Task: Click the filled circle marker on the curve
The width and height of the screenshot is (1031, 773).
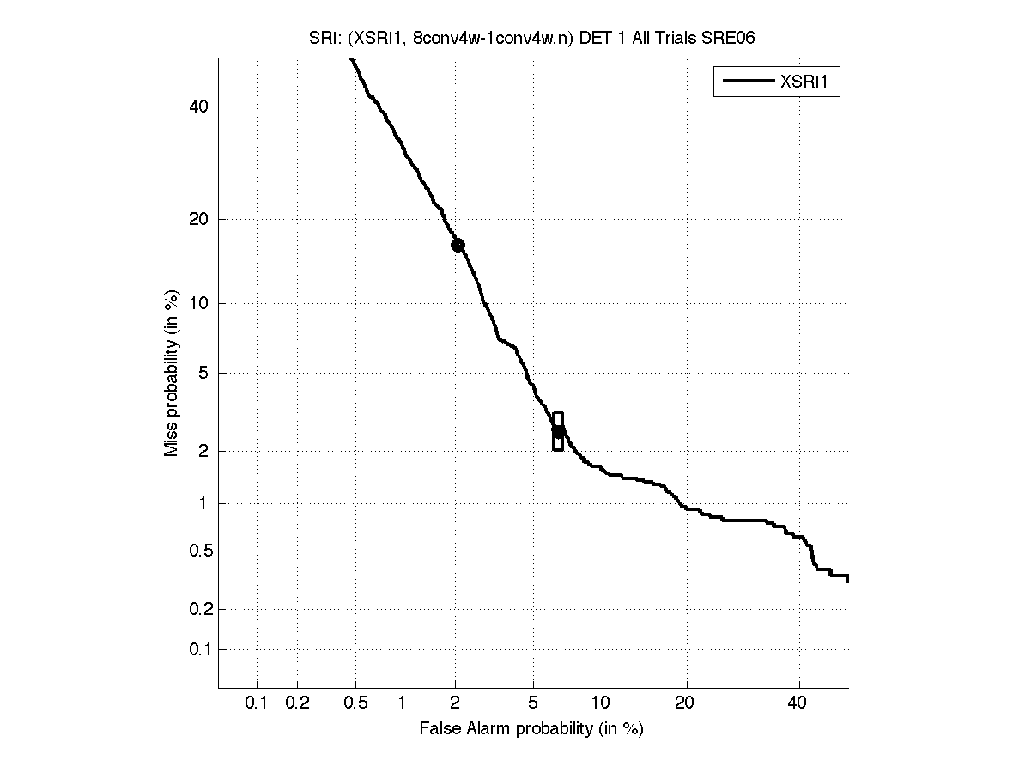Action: pos(458,245)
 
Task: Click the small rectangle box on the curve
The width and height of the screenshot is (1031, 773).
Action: pos(558,431)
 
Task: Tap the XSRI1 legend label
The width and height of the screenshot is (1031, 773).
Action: pos(809,82)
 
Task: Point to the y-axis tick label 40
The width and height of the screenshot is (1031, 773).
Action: pos(200,107)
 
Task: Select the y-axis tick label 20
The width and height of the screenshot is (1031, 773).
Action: pos(200,219)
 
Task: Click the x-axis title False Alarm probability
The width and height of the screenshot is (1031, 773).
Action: pos(531,729)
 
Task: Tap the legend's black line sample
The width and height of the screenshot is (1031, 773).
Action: pos(747,82)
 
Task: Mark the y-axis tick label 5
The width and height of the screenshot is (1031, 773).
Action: pos(204,373)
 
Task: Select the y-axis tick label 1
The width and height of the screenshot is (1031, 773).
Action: pos(204,503)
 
